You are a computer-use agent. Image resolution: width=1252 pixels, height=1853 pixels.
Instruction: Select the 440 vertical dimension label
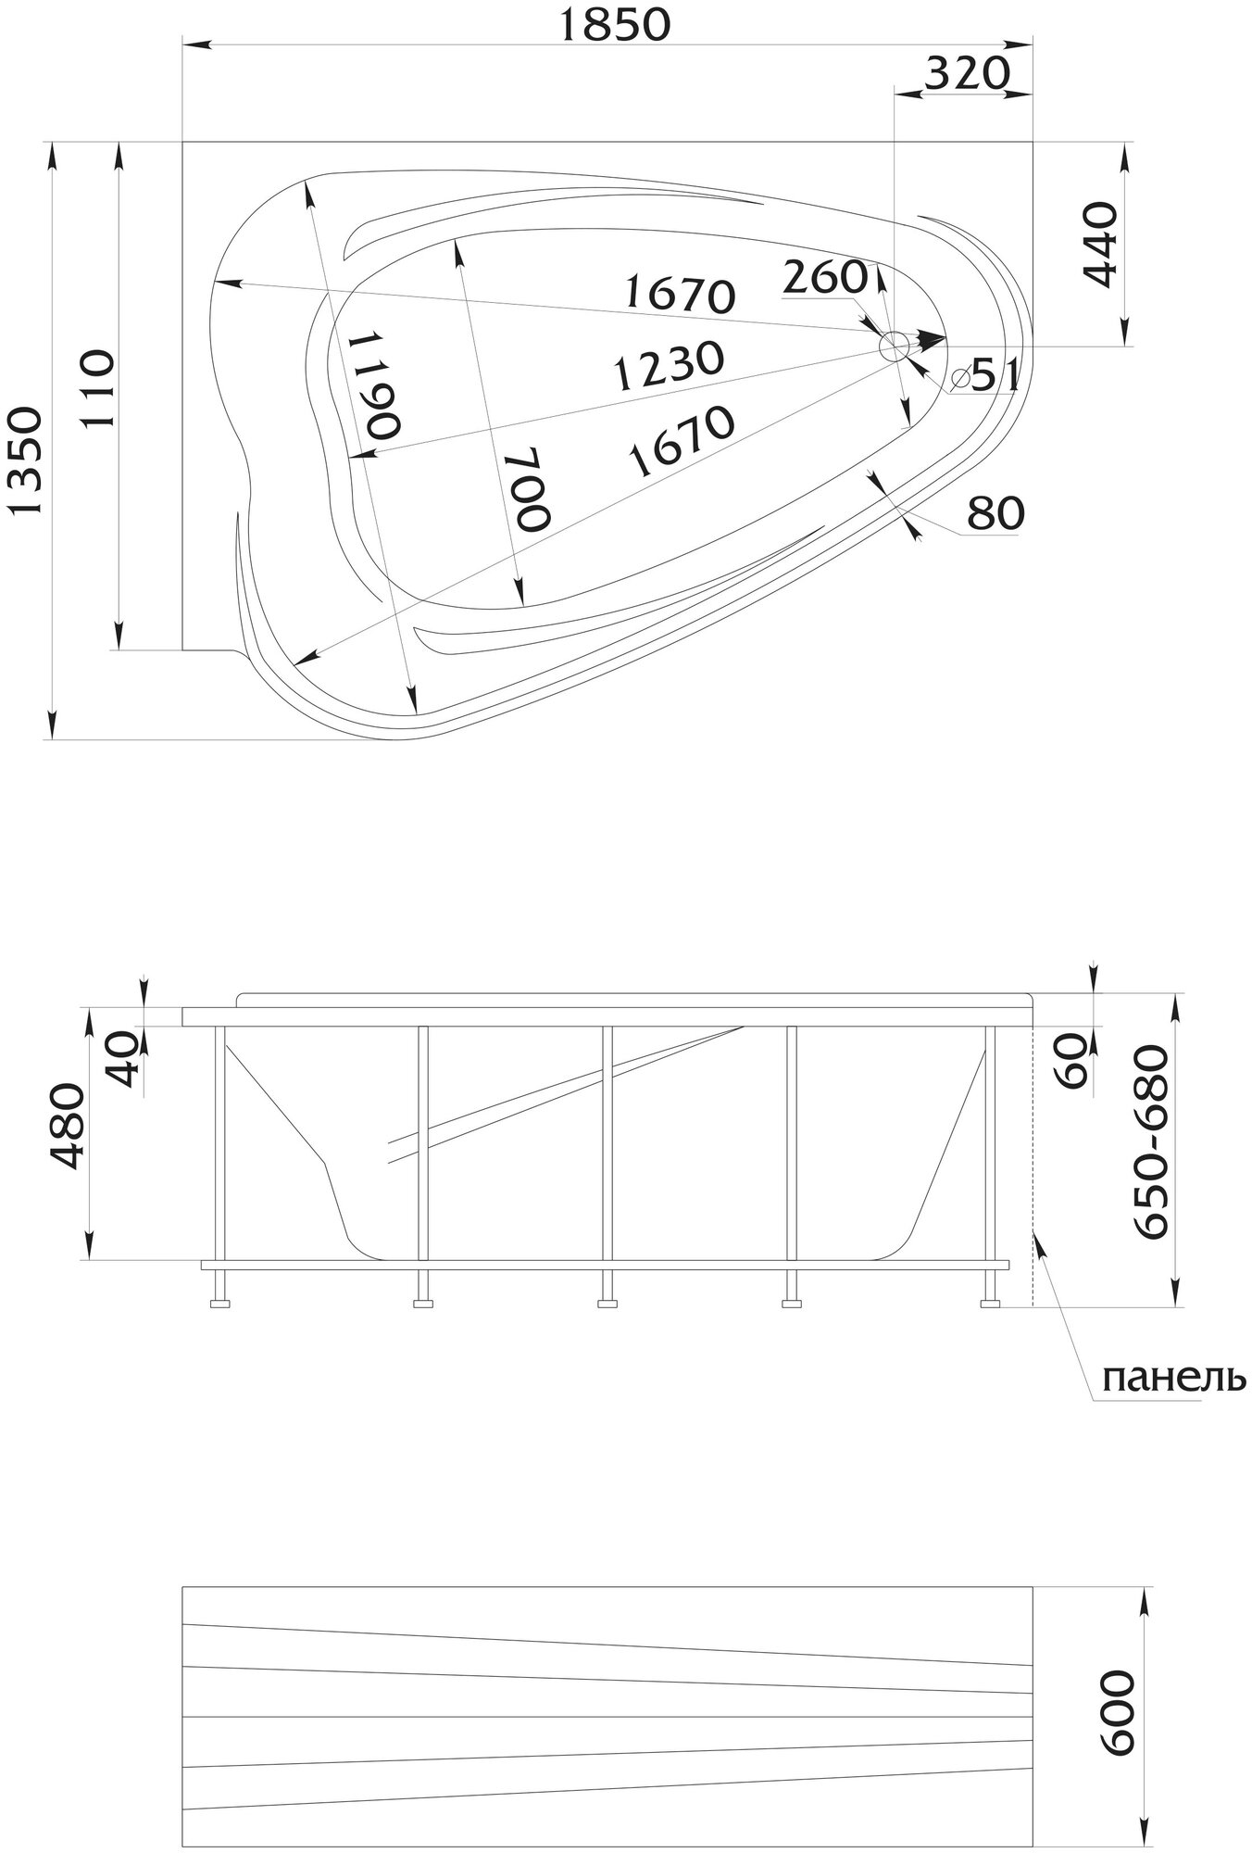click(1100, 245)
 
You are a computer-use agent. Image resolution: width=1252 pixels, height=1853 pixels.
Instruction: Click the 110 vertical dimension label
click(97, 387)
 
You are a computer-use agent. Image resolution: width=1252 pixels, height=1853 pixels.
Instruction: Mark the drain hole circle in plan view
click(895, 347)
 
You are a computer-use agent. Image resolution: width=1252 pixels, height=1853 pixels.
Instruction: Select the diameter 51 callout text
click(987, 377)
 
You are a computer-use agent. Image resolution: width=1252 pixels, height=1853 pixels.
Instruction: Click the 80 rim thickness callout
click(995, 512)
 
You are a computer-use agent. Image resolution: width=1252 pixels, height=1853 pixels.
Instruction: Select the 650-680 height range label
click(1154, 1141)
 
